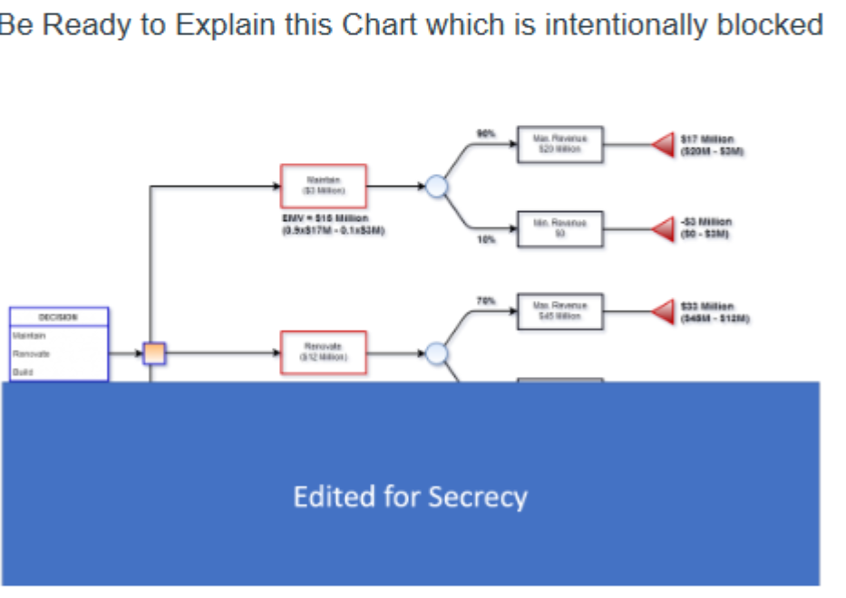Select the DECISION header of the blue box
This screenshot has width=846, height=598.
click(x=59, y=317)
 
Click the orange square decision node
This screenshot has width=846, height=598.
click(x=154, y=353)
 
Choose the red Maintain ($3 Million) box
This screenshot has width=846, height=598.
click(x=323, y=186)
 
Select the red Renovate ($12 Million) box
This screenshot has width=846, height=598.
click(x=323, y=352)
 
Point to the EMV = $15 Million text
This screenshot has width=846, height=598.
click(x=326, y=218)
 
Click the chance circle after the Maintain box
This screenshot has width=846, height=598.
click(x=437, y=187)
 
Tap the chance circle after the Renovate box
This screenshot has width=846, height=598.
click(x=437, y=353)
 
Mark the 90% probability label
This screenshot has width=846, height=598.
click(x=487, y=134)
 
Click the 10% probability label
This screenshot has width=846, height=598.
click(x=487, y=240)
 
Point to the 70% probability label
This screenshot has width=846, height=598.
click(x=487, y=301)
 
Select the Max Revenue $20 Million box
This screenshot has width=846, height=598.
click(x=559, y=144)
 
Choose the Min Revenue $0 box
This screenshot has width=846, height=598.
click(x=559, y=227)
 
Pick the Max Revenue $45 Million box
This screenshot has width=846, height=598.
click(x=559, y=311)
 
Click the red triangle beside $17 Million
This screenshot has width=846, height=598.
click(x=665, y=145)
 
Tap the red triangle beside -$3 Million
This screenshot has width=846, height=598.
click(x=665, y=227)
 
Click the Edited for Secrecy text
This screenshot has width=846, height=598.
click(x=410, y=497)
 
